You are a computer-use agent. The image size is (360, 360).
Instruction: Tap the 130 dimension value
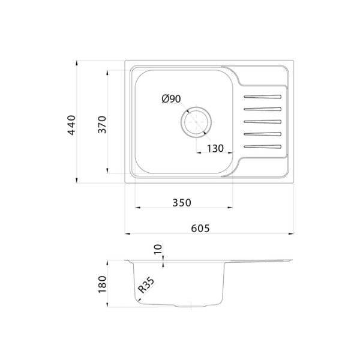click(215, 148)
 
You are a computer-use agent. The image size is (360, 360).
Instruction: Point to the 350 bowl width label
click(181, 203)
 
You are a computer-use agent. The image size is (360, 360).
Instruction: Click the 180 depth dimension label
click(102, 284)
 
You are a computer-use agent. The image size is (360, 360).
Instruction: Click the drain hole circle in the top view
click(195, 122)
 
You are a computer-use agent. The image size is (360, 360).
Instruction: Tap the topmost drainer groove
click(262, 97)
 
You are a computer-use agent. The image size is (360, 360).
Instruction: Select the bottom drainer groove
click(262, 146)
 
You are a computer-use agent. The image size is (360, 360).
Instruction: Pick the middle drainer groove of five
click(262, 121)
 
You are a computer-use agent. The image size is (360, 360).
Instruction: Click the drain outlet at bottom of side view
click(191, 307)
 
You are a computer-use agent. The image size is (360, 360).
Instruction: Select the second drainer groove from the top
click(262, 109)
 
